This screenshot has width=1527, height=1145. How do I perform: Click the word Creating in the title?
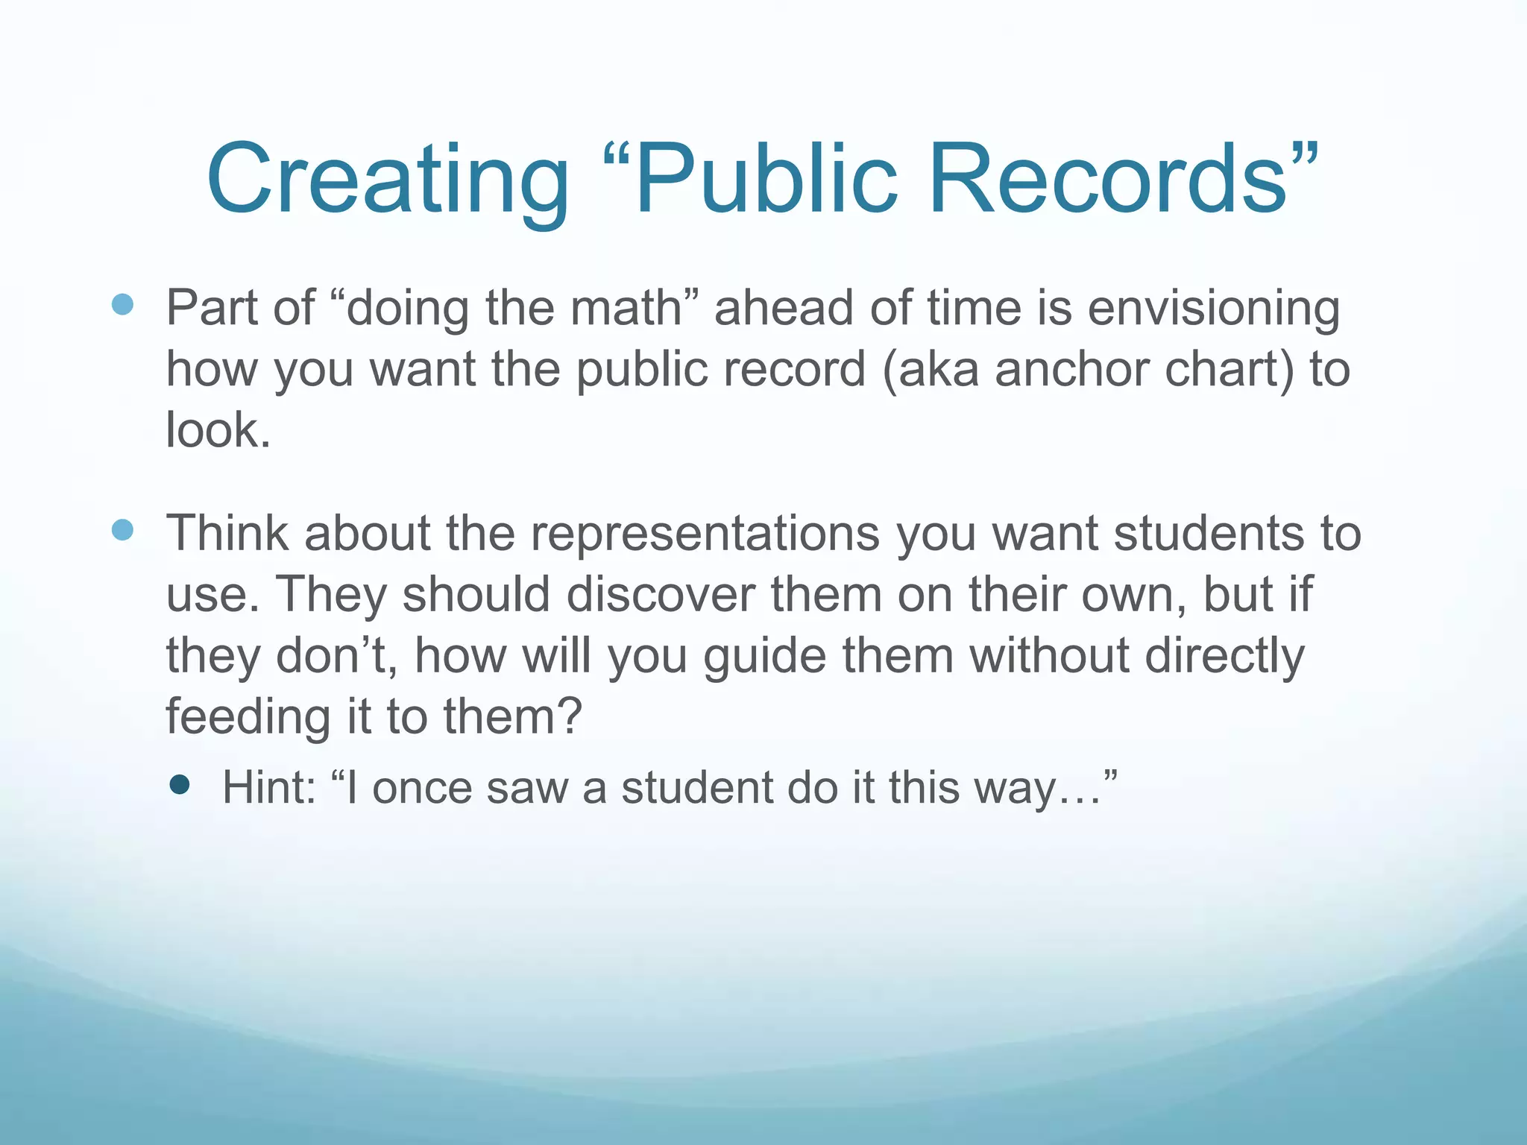pos(387,180)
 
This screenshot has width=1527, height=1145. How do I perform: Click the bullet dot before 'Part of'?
pos(122,304)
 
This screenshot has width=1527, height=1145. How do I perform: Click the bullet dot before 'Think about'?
pos(122,530)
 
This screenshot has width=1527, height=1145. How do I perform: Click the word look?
pos(212,431)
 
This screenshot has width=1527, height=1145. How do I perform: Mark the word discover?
pos(661,595)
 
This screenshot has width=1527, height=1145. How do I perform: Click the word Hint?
pos(269,788)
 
